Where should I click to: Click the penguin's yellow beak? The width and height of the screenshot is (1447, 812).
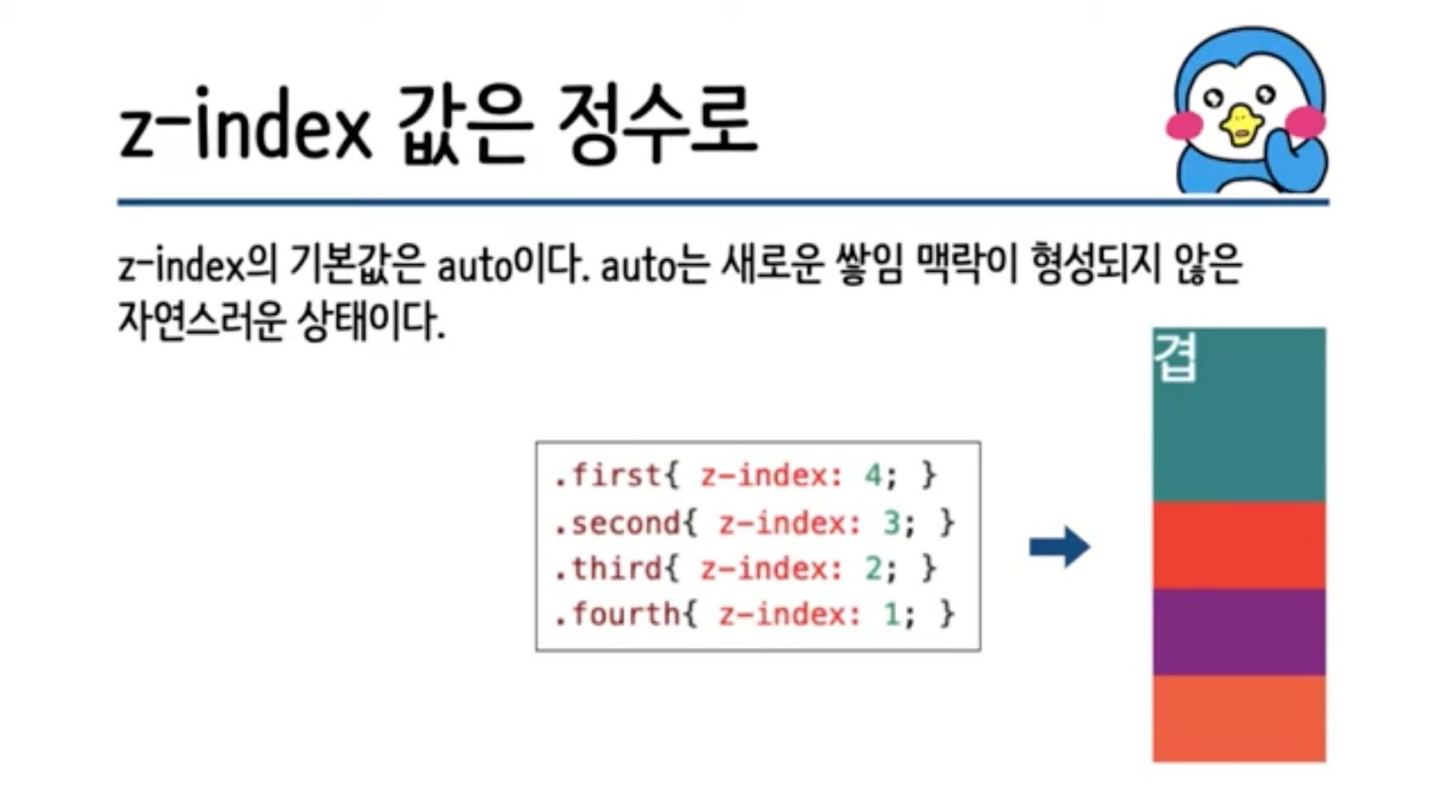pos(1241,125)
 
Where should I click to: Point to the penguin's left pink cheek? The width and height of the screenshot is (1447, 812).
pos(1184,127)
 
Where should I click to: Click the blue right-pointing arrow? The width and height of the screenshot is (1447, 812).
pos(1060,546)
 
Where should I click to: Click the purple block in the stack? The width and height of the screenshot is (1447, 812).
pos(1238,631)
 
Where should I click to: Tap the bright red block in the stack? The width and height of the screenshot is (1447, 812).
pos(1238,544)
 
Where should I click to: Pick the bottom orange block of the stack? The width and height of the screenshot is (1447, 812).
pos(1238,719)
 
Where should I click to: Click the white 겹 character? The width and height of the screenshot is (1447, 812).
pos(1176,358)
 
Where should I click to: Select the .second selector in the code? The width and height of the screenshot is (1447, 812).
pos(617,522)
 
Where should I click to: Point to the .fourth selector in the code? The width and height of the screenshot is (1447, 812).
pos(617,614)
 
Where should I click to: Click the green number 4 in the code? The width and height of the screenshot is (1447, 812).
pos(872,475)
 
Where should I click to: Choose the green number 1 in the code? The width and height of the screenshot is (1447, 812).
pos(891,614)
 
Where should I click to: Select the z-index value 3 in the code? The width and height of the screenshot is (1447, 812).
pos(891,522)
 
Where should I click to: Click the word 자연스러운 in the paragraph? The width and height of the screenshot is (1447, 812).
pos(200,321)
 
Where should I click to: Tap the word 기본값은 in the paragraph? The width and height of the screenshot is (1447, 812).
pos(357,265)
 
